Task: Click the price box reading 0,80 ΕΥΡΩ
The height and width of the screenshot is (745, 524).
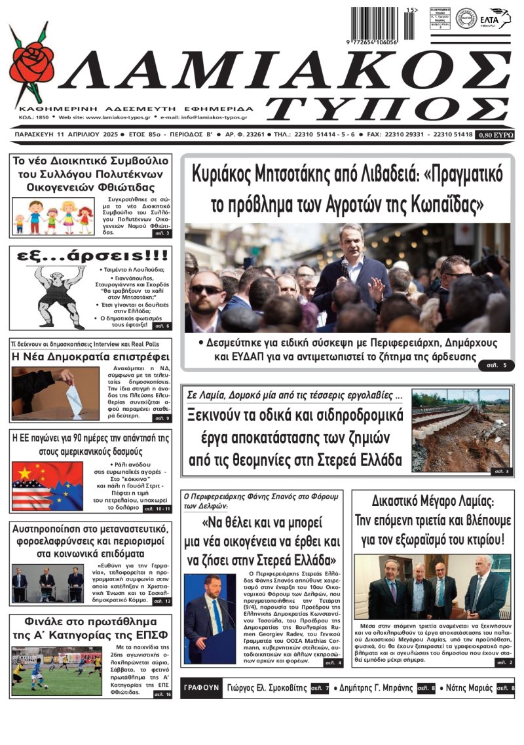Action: pyautogui.click(x=495, y=134)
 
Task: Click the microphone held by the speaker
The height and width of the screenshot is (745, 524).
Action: pyautogui.click(x=345, y=266)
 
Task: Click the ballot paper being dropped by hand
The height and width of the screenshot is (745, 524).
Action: pyautogui.click(x=74, y=398)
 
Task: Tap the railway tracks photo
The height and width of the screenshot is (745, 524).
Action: pyautogui.click(x=460, y=430)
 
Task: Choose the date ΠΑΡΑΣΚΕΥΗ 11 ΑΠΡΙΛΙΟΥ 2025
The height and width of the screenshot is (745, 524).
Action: pyautogui.click(x=63, y=134)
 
